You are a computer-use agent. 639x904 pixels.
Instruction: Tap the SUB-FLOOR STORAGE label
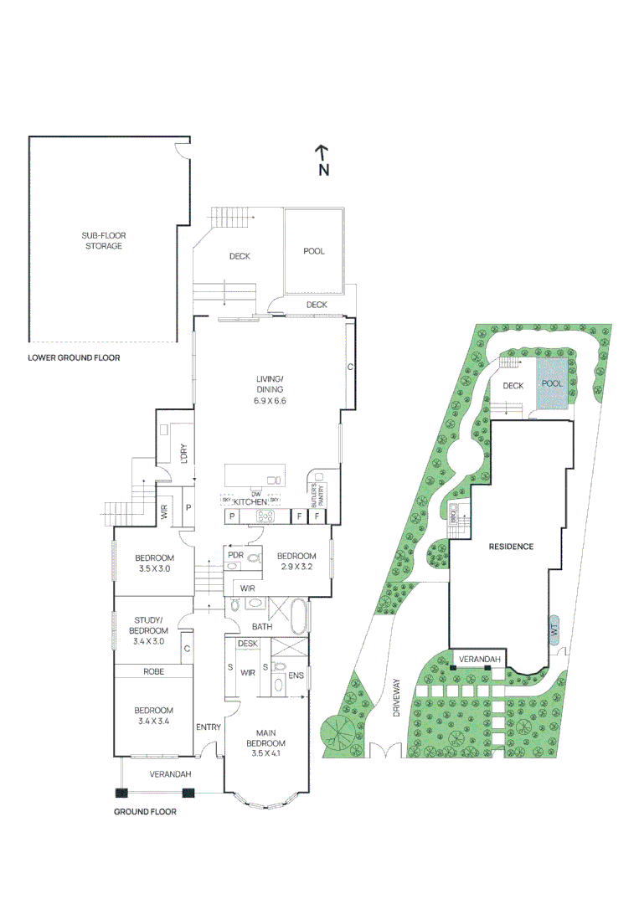104,241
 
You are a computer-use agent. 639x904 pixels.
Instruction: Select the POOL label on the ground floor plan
314,251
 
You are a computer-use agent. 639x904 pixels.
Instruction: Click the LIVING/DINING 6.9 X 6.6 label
271,390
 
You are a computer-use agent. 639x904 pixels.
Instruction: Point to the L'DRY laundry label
184,453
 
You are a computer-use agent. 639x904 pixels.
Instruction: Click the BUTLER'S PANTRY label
317,496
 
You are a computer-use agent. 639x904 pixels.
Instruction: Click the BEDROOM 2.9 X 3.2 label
296,562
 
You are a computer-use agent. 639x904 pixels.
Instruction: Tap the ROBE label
152,671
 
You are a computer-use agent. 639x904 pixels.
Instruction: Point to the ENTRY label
209,727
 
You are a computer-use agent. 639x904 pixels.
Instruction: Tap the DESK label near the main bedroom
247,643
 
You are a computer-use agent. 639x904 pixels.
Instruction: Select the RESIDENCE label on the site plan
511,546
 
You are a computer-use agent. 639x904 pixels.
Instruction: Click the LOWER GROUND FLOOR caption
74,358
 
